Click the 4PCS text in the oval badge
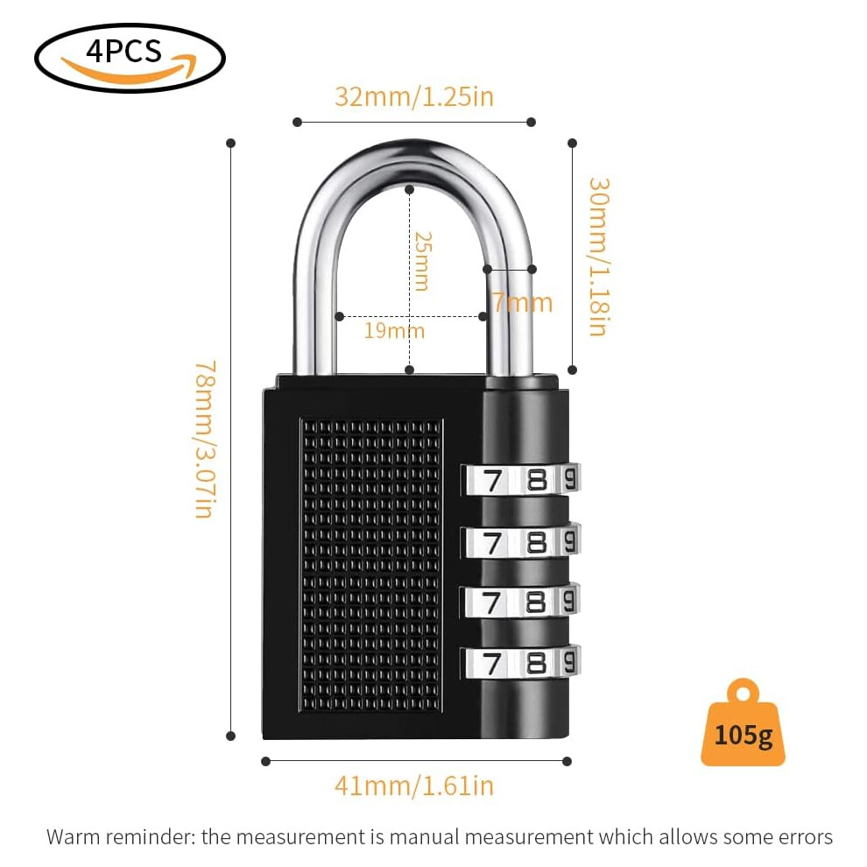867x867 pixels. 123,52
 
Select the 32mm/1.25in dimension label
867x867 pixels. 414,96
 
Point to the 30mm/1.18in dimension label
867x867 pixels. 599,257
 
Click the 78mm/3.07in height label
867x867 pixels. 205,440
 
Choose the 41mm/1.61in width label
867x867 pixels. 414,786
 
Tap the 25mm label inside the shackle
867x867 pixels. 422,261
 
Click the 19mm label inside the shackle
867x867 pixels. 394,331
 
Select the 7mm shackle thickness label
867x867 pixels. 523,302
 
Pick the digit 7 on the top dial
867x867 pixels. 491,481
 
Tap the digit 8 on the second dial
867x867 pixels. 536,542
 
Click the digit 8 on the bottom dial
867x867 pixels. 536,663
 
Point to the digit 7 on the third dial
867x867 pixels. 491,603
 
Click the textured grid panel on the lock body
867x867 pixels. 371,565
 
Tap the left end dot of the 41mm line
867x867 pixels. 265,761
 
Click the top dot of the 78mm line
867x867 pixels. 231,144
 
